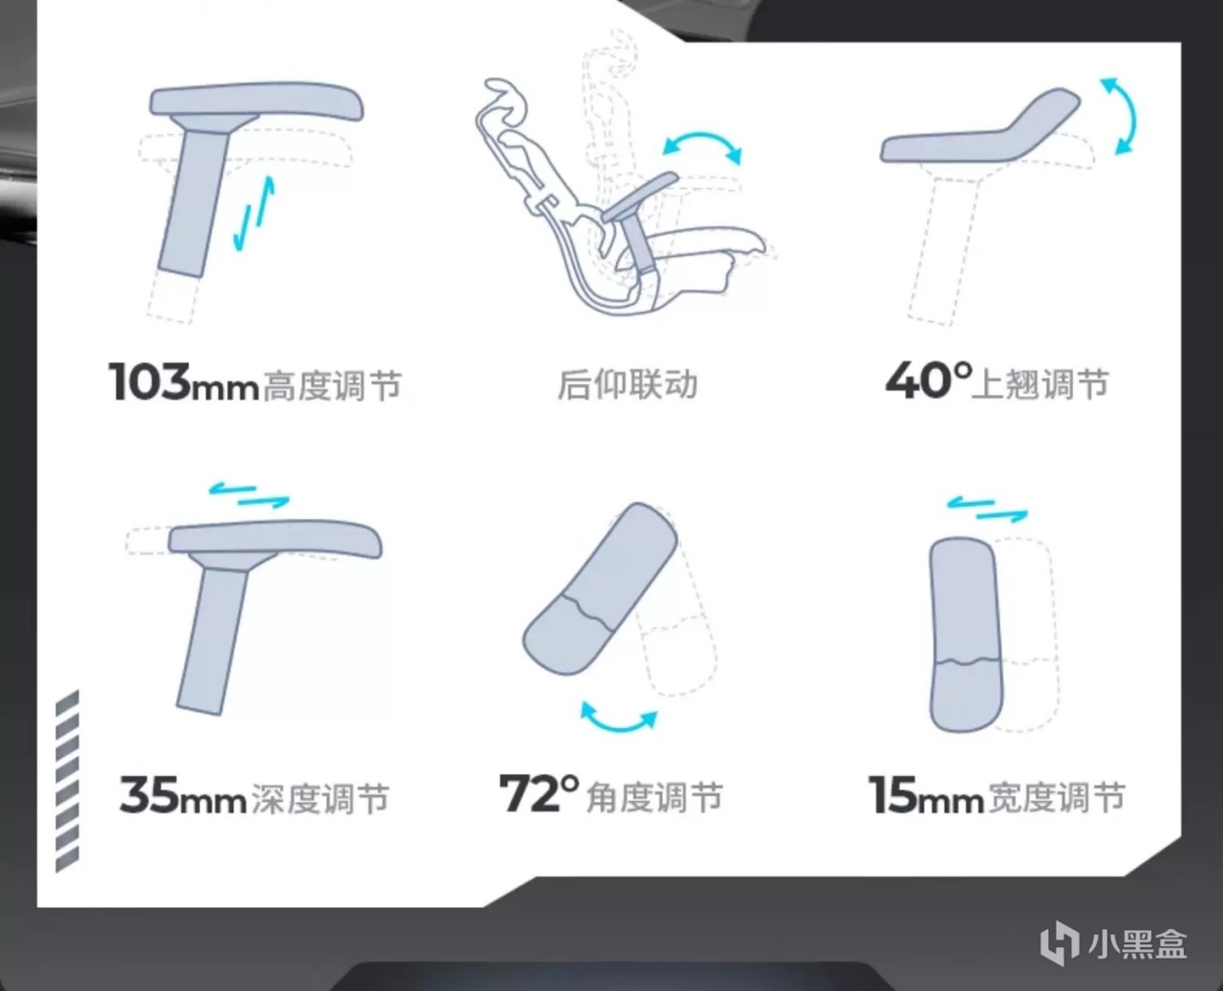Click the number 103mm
[x=183, y=382]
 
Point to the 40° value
[x=929, y=380]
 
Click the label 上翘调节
[x=1040, y=384]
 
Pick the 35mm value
[x=183, y=795]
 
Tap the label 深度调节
[x=320, y=798]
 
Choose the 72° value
[x=539, y=793]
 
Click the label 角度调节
[x=654, y=797]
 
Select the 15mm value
[x=926, y=795]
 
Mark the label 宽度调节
[x=1056, y=797]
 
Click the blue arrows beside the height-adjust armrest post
[x=254, y=214]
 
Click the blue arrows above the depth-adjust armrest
[x=249, y=495]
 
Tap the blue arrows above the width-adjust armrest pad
[x=988, y=509]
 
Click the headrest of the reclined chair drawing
[x=505, y=97]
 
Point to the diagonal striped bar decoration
[x=67, y=781]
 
